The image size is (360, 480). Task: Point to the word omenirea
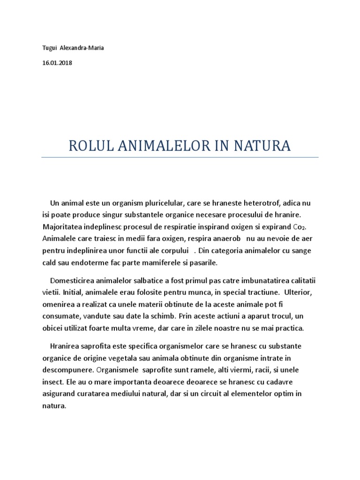coord(58,304)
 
